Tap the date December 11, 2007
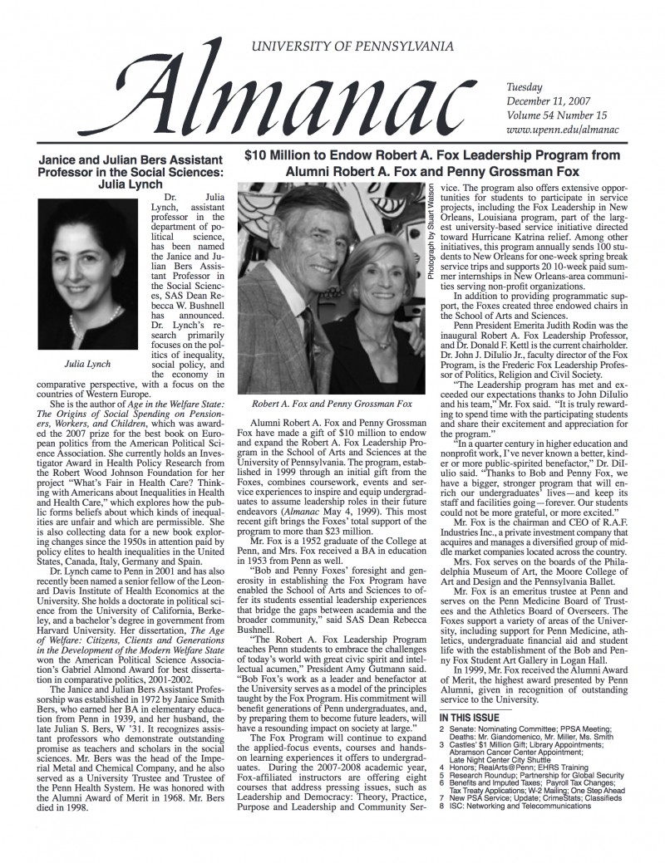pos(549,101)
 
